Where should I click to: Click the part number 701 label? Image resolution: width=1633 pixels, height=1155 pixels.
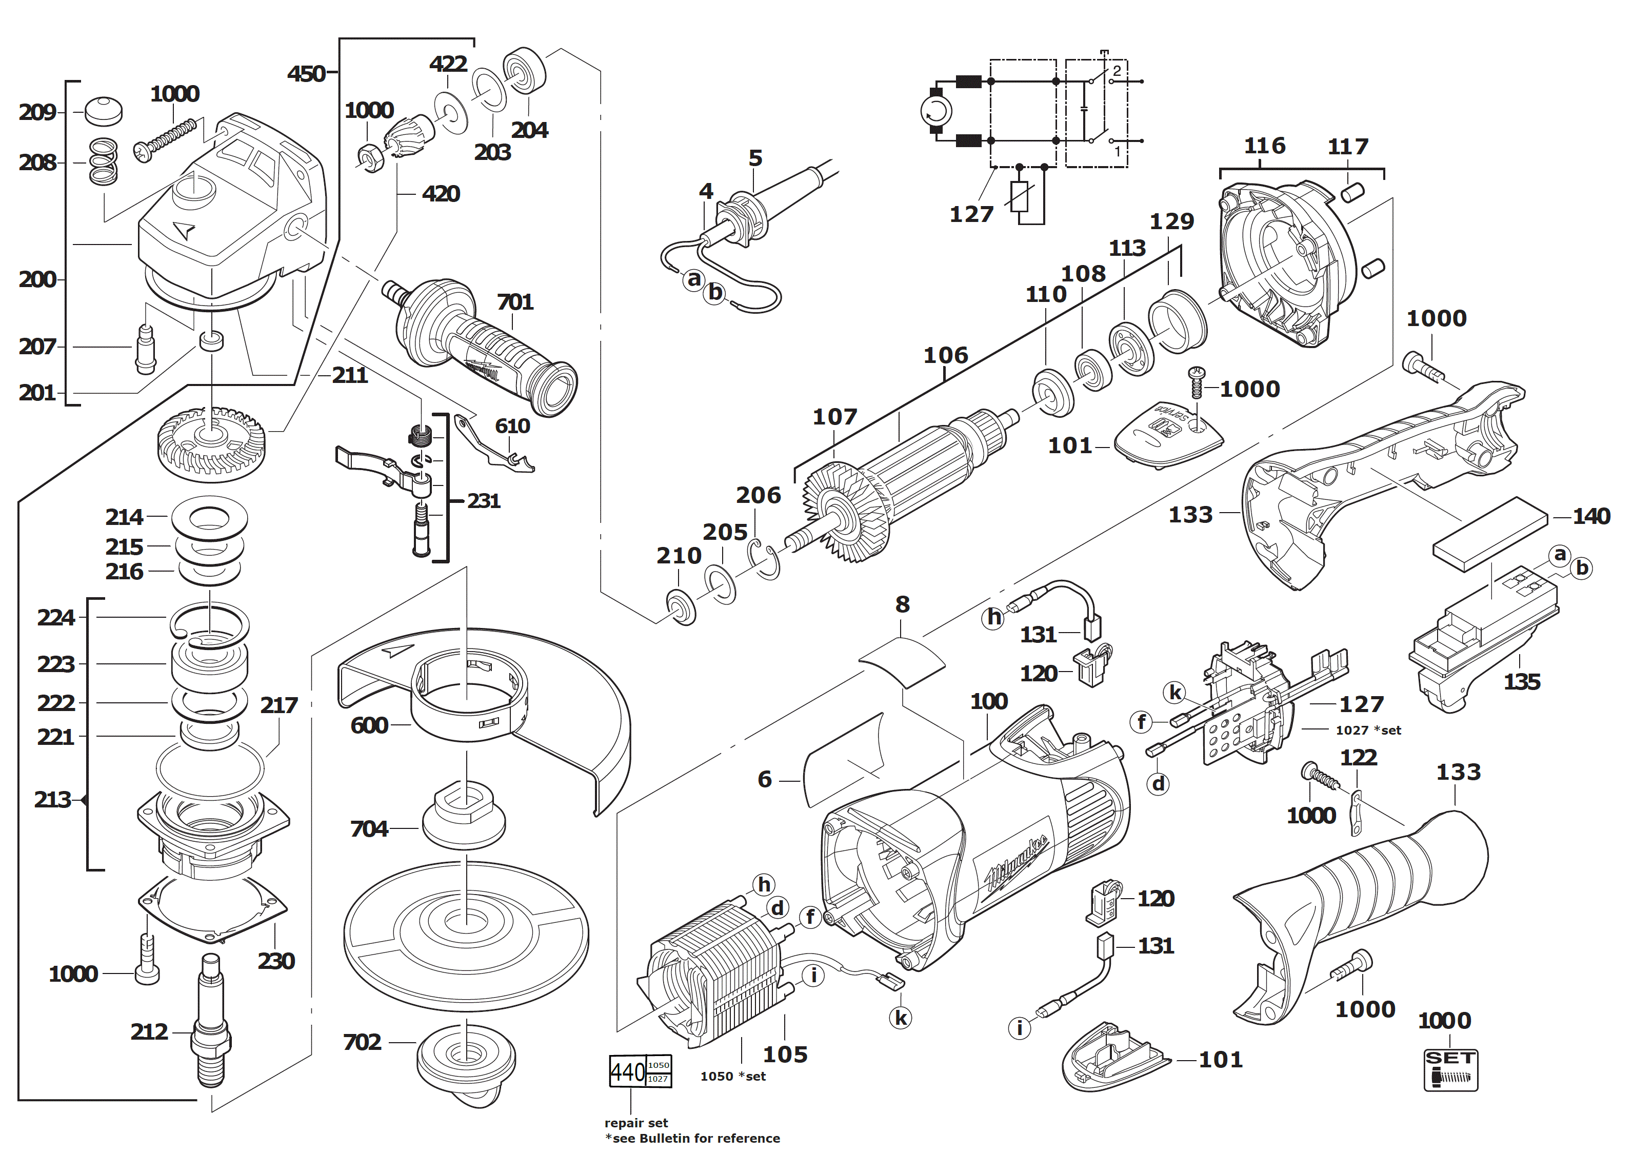tap(515, 302)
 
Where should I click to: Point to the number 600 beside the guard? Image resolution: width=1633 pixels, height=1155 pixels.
tap(369, 725)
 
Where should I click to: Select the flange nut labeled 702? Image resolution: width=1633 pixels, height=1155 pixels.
tap(466, 1060)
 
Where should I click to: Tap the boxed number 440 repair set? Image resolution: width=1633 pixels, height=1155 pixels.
tap(628, 1071)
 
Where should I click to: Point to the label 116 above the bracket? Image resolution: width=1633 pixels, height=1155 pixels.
tap(1264, 146)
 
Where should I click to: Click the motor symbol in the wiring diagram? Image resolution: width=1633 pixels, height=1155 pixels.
tap(935, 111)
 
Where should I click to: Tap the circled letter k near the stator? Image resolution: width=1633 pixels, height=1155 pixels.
tap(901, 1018)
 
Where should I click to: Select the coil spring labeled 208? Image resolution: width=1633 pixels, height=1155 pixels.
tap(104, 161)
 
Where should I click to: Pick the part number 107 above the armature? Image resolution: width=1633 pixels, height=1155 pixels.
tap(834, 417)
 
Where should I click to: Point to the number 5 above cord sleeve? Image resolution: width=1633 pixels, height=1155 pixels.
tap(755, 158)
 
